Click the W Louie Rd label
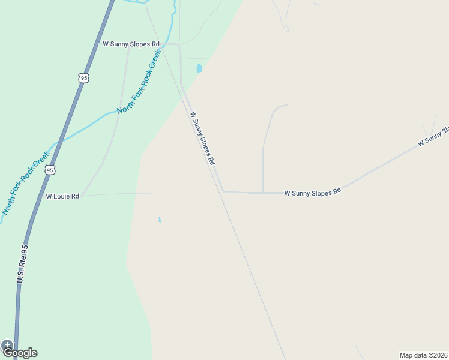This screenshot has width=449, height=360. coord(62,196)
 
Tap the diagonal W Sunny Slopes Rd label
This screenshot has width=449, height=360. coord(202,139)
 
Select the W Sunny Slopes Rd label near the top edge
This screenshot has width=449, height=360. coord(131,44)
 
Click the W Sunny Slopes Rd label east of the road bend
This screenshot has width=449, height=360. coord(312,193)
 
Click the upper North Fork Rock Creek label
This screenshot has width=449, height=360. coord(139,82)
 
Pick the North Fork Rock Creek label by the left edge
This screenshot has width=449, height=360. coord(25,182)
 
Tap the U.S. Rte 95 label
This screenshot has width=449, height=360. coord(22,263)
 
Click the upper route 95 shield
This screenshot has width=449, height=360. coord(83,78)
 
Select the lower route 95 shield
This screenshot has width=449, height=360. coord(50,170)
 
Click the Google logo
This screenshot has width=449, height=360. coord(22,353)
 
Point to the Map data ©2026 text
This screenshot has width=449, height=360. coord(423,355)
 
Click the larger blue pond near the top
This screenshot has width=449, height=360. coord(199,68)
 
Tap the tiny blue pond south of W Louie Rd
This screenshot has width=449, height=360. coord(160,220)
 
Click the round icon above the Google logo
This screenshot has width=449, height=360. coord(7,345)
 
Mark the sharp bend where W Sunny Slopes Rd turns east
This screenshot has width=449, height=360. coord(223,192)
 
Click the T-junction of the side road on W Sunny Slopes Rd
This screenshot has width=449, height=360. coord(263,193)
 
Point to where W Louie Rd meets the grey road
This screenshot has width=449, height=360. coord(83,196)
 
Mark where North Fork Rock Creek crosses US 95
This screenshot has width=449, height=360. coord(59,142)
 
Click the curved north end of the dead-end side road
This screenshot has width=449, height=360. coord(277,107)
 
